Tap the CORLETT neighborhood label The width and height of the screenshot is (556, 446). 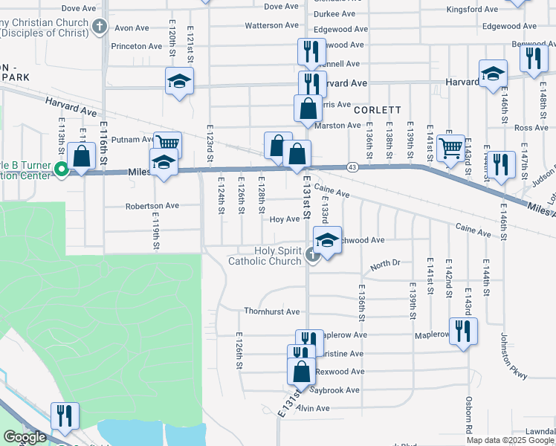pyautogui.click(x=378, y=109)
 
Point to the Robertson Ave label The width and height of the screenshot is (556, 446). pyautogui.click(x=152, y=206)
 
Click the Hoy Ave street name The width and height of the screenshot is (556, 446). pyautogui.click(x=284, y=219)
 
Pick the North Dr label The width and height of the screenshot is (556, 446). pyautogui.click(x=385, y=264)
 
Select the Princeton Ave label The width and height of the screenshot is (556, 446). pyautogui.click(x=136, y=46)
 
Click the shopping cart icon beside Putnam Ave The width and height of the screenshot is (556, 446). pyautogui.click(x=167, y=142)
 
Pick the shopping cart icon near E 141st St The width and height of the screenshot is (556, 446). pyautogui.click(x=450, y=147)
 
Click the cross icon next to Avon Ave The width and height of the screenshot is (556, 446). pyautogui.click(x=100, y=28)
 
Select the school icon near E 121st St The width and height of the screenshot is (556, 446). pyautogui.click(x=179, y=80)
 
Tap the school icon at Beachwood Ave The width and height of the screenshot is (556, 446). pyautogui.click(x=327, y=239)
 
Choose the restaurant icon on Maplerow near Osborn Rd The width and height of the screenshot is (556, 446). pyautogui.click(x=463, y=329)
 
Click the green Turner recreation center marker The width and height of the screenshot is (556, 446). pyautogui.click(x=62, y=170)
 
